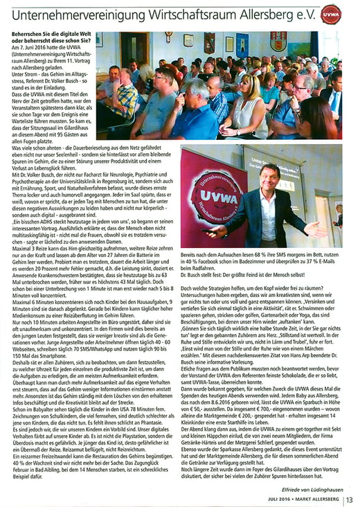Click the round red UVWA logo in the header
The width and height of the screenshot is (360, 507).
click(x=331, y=14)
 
